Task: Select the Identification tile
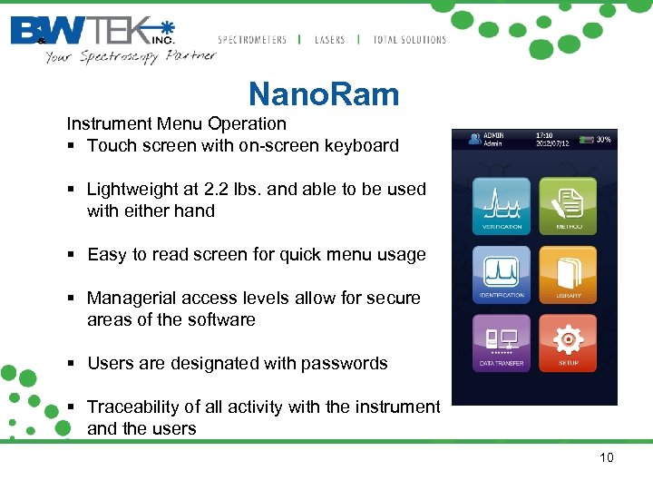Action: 502,274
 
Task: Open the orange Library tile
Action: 568,274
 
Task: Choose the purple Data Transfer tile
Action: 502,342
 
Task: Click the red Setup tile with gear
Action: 568,342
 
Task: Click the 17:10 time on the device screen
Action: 546,134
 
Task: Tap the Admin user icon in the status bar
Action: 473,139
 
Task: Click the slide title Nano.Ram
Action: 324,94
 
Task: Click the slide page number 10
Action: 606,457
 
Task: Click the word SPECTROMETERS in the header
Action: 252,40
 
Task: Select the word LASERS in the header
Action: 329,40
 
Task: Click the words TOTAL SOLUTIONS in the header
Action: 410,40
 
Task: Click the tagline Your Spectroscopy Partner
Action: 131,56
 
